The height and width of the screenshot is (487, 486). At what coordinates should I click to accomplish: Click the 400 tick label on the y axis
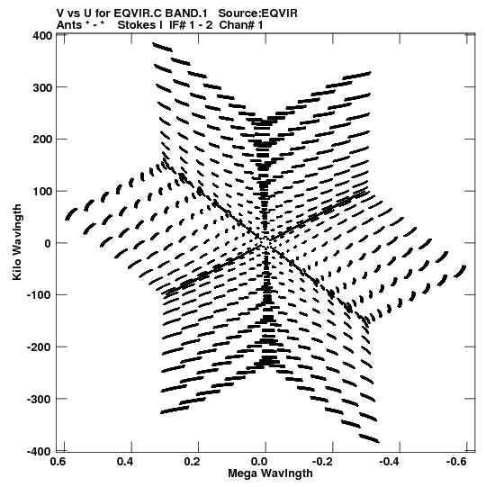[42, 36]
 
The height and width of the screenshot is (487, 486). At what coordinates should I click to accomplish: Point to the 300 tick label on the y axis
[42, 88]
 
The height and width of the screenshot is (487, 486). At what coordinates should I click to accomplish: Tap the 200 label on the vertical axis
[42, 140]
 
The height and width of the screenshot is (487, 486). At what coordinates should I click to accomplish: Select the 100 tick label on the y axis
[42, 192]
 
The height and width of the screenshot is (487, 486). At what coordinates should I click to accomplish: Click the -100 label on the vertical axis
[40, 295]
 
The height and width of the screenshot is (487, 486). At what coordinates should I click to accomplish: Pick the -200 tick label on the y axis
[40, 347]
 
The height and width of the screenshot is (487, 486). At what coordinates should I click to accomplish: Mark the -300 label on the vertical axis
[40, 399]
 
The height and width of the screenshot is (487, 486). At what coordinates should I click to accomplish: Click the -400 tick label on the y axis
[40, 451]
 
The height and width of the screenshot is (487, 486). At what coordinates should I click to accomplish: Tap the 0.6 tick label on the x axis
[58, 462]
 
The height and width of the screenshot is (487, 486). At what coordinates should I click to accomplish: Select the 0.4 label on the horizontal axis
[125, 462]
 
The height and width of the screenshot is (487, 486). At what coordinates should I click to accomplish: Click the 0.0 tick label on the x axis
[259, 462]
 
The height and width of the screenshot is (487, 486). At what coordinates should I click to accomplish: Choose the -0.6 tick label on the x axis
[456, 462]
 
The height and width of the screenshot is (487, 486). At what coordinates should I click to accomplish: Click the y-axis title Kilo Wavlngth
[17, 242]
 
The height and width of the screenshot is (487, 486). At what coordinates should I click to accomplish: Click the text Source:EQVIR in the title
[257, 14]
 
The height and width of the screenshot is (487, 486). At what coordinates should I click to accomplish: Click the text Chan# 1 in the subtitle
[241, 25]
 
